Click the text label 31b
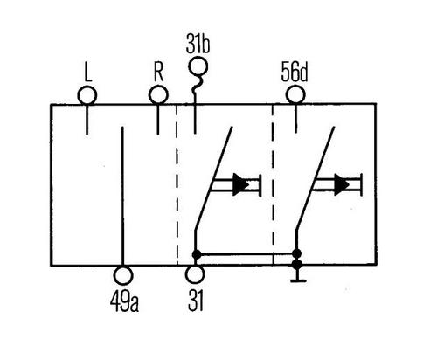[198, 45]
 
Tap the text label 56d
[295, 73]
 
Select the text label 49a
[124, 301]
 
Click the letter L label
[88, 72]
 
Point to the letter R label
[159, 72]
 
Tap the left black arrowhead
[240, 184]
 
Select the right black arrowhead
[342, 184]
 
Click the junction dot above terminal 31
[197, 254]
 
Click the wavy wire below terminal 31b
[195, 89]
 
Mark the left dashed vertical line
[177, 184]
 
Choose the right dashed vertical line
[273, 184]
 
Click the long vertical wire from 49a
[123, 196]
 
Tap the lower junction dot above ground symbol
[297, 265]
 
